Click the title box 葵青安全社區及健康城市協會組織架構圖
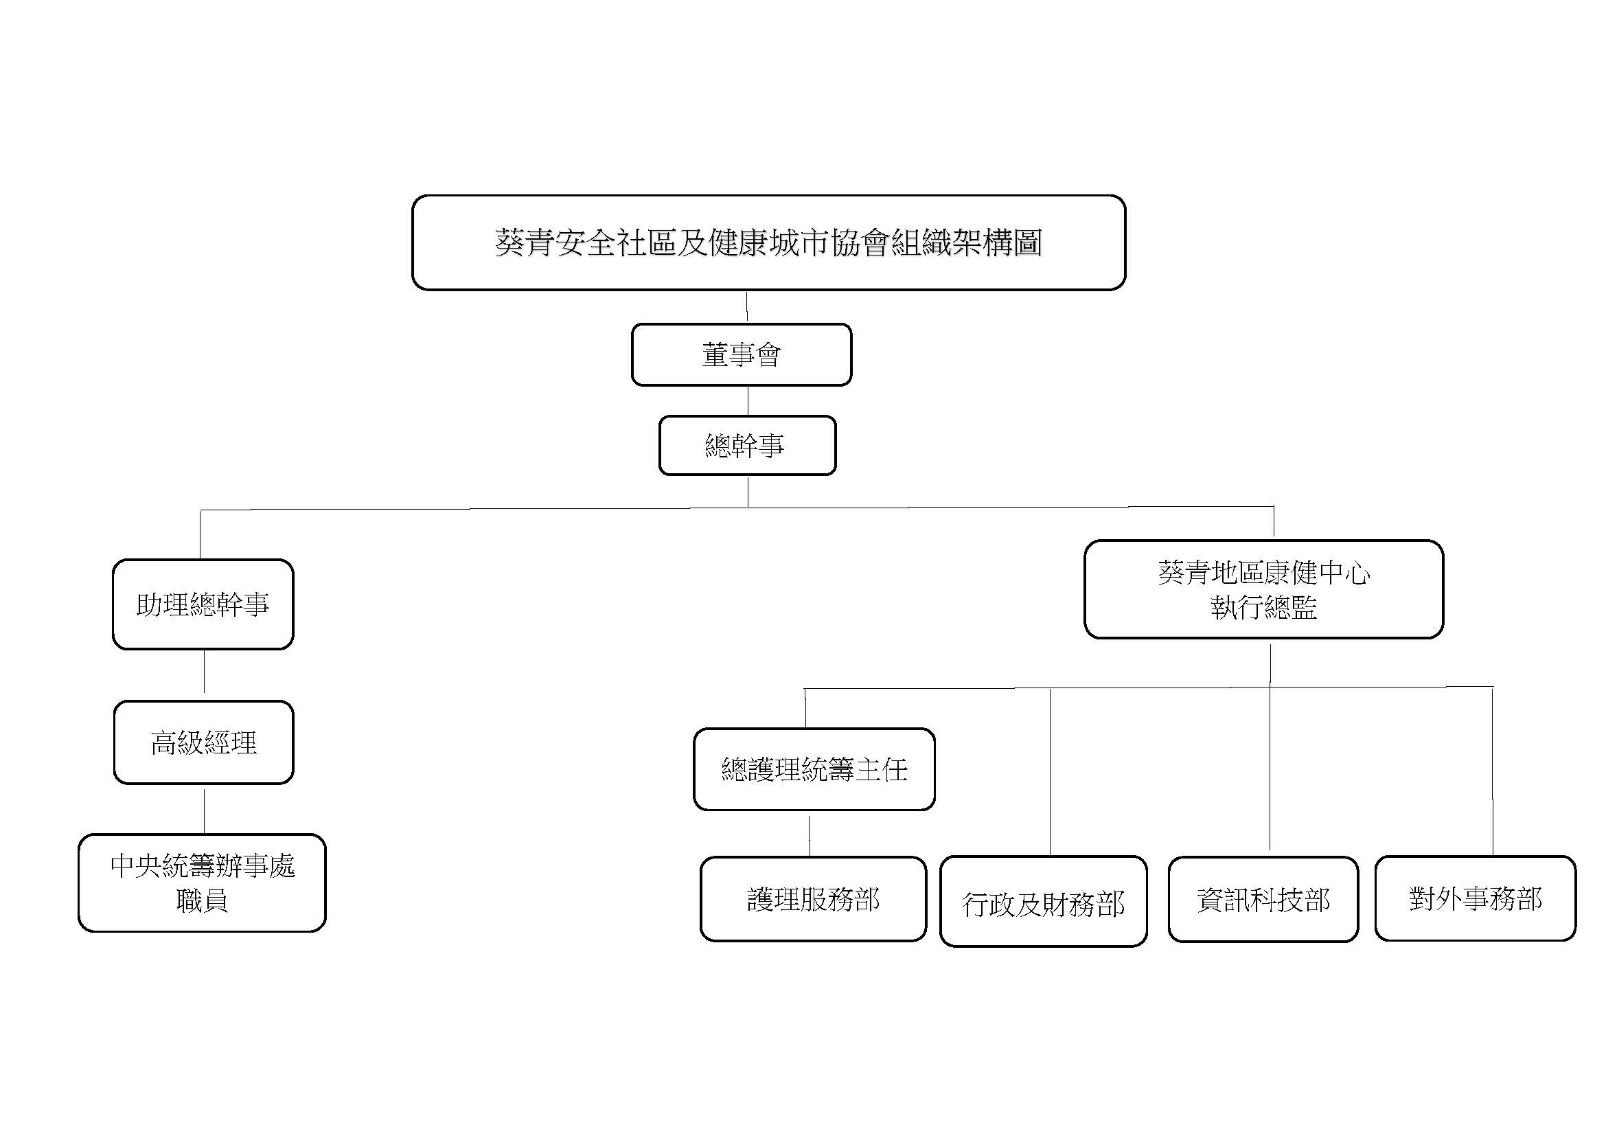click(x=769, y=242)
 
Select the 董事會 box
click(x=742, y=354)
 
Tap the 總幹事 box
click(x=747, y=446)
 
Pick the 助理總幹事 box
click(x=203, y=604)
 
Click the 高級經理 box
click(x=203, y=742)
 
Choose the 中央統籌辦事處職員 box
click(x=202, y=883)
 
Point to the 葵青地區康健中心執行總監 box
click(x=1263, y=589)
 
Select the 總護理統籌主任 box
click(x=814, y=769)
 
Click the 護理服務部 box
click(x=814, y=899)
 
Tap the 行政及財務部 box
click(x=1043, y=902)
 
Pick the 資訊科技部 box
click(x=1263, y=900)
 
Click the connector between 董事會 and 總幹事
click(x=748, y=401)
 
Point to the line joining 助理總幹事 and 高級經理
click(x=203, y=672)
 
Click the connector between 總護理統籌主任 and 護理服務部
click(x=810, y=836)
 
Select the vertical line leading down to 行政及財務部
click(x=1050, y=772)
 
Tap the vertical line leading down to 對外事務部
click(x=1493, y=771)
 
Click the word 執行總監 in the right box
click(x=1263, y=607)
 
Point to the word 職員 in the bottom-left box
click(x=202, y=900)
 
